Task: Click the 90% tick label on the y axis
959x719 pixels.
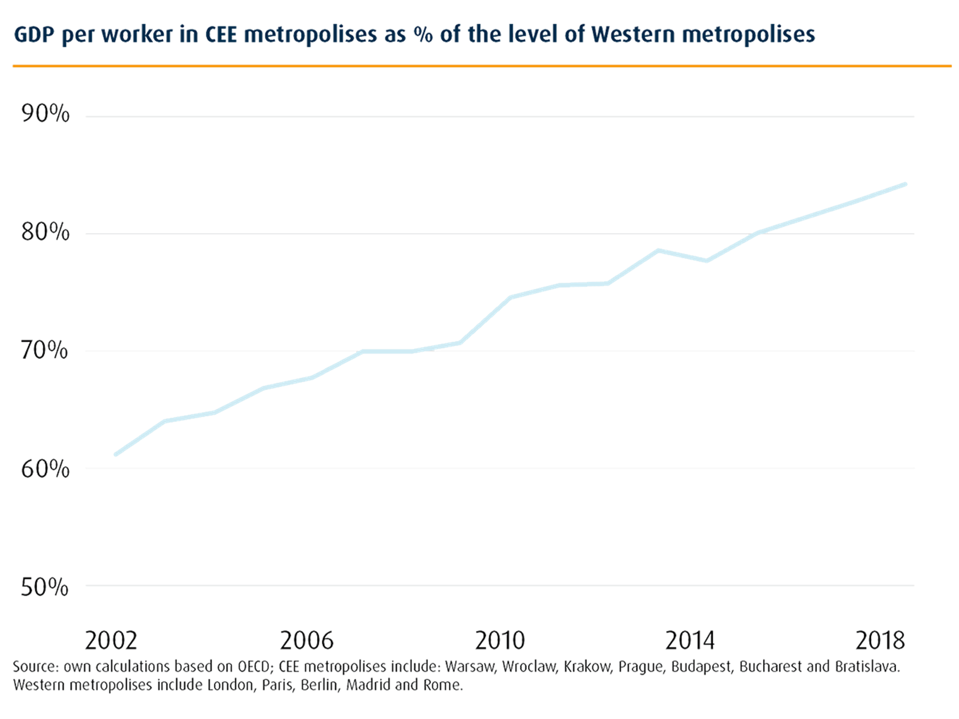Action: tap(45, 114)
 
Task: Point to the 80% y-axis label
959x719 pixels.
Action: tap(45, 231)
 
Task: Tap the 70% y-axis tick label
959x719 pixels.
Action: tap(45, 350)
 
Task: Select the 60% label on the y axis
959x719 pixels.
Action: tap(45, 469)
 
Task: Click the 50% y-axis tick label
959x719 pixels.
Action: tap(45, 587)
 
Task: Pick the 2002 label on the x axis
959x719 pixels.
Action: tap(111, 641)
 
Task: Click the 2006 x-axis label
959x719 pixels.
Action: tap(306, 641)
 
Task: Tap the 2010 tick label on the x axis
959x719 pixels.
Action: tap(500, 641)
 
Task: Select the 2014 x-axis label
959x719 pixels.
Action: tap(690, 641)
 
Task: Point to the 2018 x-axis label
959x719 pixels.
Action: tap(880, 641)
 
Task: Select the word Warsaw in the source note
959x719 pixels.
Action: tap(470, 667)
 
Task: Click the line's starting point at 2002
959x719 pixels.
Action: tap(115, 455)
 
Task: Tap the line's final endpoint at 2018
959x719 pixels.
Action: tap(906, 183)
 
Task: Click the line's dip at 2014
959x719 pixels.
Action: tap(707, 261)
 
